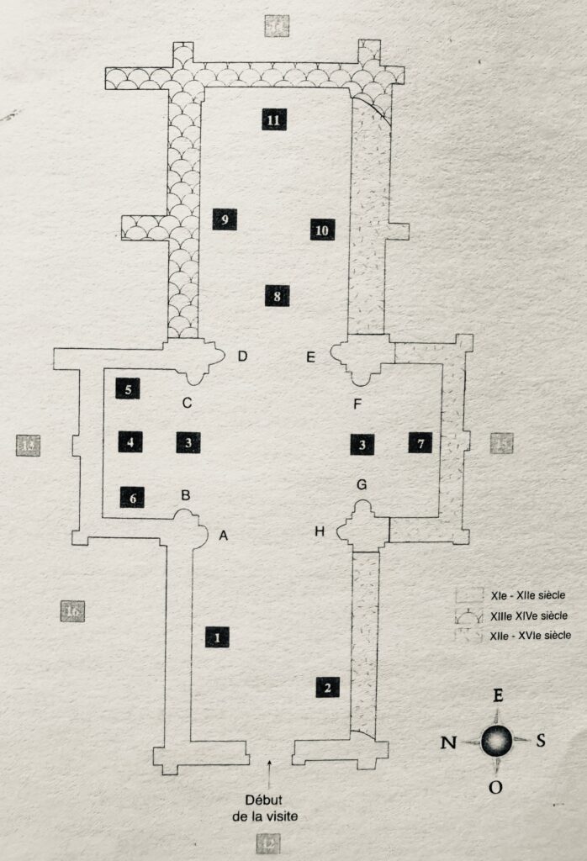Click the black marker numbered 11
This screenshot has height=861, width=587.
pyautogui.click(x=272, y=119)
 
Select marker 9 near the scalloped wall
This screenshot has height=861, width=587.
pyautogui.click(x=224, y=219)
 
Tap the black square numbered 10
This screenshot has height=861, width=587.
pyautogui.click(x=322, y=229)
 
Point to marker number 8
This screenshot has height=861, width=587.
pyautogui.click(x=276, y=295)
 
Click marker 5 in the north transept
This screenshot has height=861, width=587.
pyautogui.click(x=128, y=388)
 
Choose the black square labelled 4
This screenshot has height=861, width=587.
pyautogui.click(x=130, y=441)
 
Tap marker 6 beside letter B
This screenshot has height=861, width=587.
pyautogui.click(x=133, y=497)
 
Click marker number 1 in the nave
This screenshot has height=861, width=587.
pyautogui.click(x=217, y=637)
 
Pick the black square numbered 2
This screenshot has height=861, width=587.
pyautogui.click(x=328, y=687)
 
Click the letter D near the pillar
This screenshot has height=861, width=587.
pyautogui.click(x=242, y=357)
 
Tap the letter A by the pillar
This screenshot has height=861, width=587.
pyautogui.click(x=224, y=534)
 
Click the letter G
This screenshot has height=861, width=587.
pyautogui.click(x=362, y=485)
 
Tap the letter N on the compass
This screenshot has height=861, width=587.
pyautogui.click(x=448, y=742)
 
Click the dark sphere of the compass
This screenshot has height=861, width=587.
pyautogui.click(x=496, y=741)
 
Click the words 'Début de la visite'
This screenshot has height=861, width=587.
pyautogui.click(x=267, y=807)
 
